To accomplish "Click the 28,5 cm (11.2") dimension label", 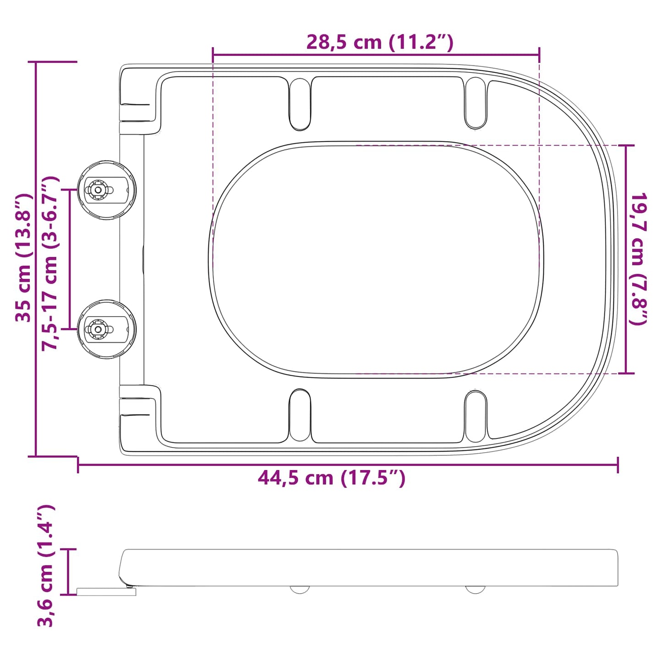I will [379, 42].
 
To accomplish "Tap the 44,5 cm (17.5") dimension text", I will [331, 478].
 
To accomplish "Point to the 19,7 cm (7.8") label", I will [638, 259].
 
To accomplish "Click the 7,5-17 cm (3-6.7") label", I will [50, 263].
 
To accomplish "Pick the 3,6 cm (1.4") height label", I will [46, 565].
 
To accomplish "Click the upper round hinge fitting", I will [106, 190].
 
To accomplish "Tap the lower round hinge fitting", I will [106, 329].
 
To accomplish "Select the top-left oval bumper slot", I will [300, 104].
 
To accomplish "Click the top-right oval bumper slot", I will [476, 103].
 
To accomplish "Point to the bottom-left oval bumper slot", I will [300, 415].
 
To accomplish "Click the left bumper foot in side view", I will [300, 589].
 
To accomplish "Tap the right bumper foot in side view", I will [476, 589].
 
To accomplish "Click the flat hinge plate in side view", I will [106, 592].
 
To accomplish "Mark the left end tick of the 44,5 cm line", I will [78, 465].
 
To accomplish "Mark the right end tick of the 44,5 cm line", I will [618, 465].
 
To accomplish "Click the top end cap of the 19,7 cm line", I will [626, 145].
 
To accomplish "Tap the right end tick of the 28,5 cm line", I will [539, 55].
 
